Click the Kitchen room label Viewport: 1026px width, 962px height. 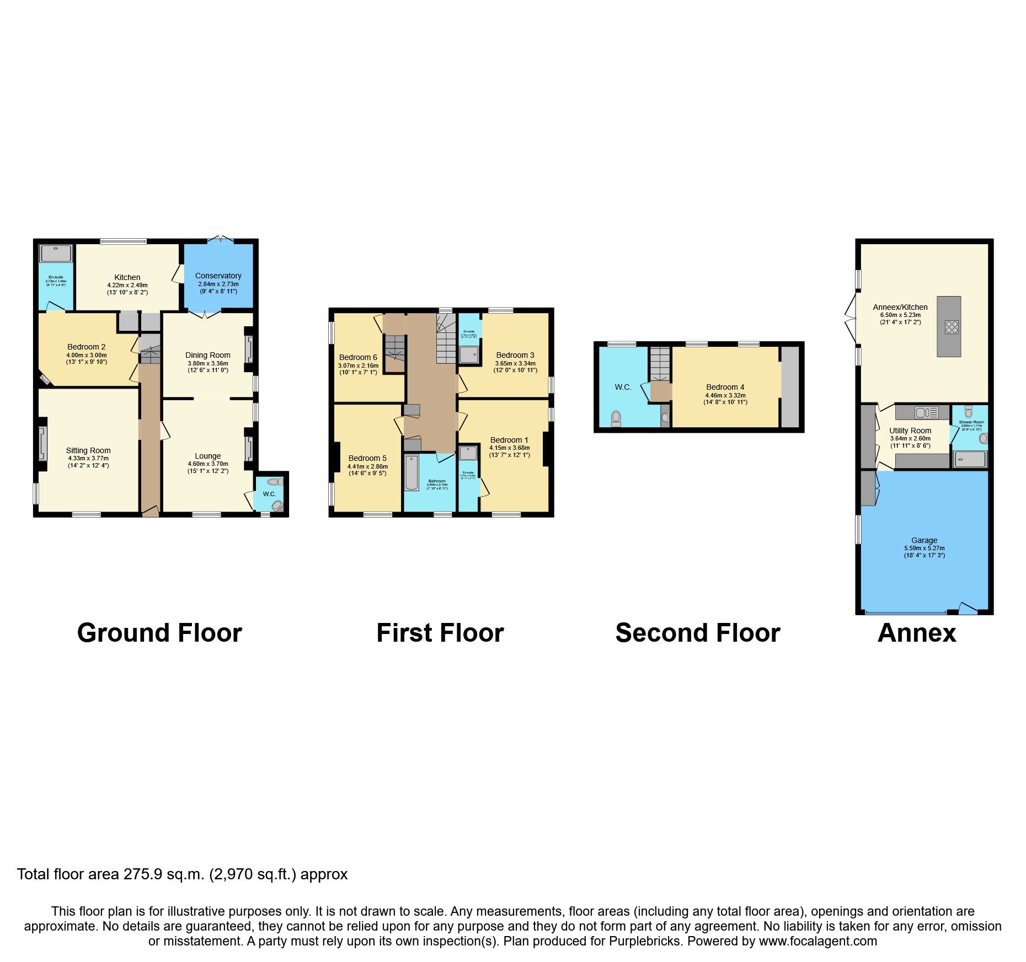(127, 277)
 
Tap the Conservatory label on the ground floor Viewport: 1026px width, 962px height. (218, 276)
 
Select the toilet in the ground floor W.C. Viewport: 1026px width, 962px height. (278, 505)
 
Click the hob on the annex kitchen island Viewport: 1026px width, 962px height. (952, 327)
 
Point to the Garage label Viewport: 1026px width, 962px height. (924, 540)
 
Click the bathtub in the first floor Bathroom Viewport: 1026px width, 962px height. (411, 472)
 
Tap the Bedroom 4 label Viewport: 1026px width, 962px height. (725, 387)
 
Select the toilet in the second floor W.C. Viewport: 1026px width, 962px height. (616, 418)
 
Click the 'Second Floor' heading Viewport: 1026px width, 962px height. (697, 633)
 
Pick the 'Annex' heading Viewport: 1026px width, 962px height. (916, 633)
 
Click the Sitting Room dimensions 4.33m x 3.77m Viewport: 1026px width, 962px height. (88, 458)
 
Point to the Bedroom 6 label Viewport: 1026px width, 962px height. (358, 357)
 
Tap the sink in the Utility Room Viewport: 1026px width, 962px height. (921, 412)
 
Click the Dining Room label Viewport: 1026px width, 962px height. (207, 355)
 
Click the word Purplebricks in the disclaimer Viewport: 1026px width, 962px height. (644, 941)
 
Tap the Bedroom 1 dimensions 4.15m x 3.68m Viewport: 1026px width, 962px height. (509, 448)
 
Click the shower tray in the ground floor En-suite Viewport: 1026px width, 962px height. (56, 254)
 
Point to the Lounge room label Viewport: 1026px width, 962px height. (207, 456)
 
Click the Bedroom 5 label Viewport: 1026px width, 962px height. (367, 458)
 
